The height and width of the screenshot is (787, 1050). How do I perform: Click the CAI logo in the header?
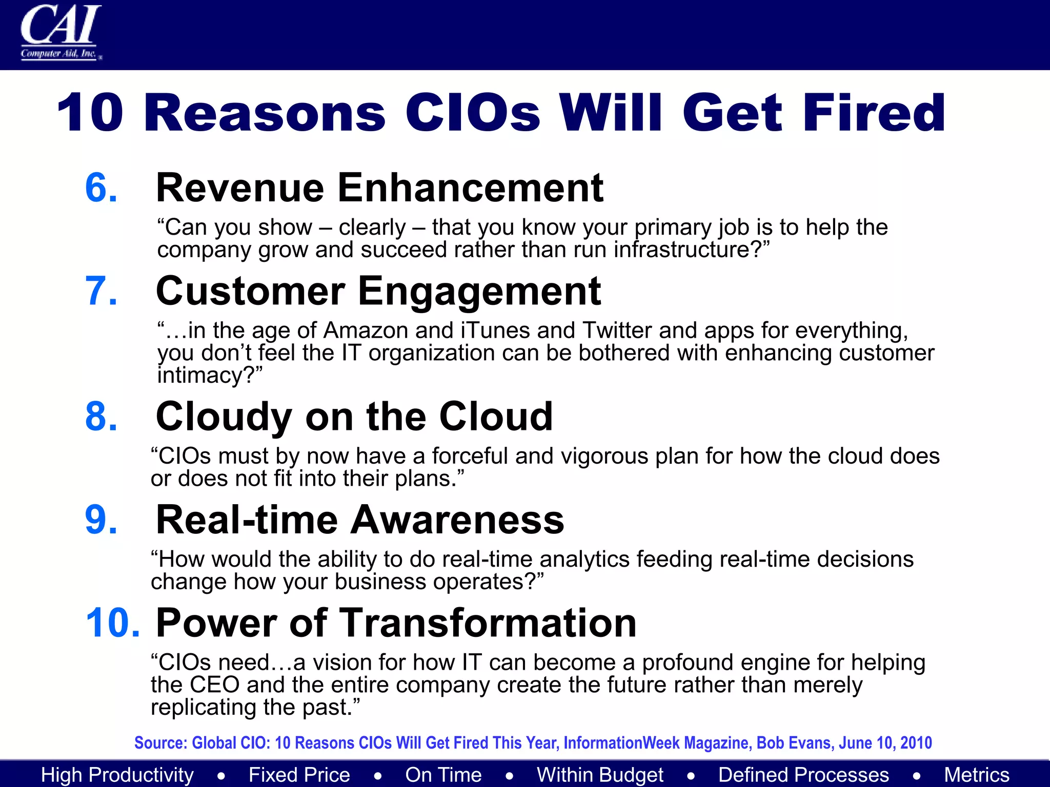coord(60,32)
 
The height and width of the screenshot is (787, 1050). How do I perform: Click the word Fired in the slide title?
coord(874,113)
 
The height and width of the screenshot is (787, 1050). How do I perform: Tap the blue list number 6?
coord(101,188)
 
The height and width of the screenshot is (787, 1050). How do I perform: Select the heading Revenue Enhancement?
coord(379,188)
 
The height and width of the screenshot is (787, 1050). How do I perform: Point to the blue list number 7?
coord(101,291)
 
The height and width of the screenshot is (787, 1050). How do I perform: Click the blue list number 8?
coord(101,417)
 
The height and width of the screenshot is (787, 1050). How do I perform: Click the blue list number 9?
coord(101,520)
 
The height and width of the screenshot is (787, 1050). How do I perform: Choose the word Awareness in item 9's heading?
coord(457,520)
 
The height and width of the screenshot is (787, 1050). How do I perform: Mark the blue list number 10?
coord(112,623)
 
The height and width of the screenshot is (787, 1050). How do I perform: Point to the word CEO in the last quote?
coord(214,685)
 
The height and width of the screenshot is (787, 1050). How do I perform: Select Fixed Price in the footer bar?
coord(299,775)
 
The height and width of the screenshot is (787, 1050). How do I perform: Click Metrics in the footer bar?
coord(976,775)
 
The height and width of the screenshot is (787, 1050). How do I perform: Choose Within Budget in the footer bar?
coord(600,775)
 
